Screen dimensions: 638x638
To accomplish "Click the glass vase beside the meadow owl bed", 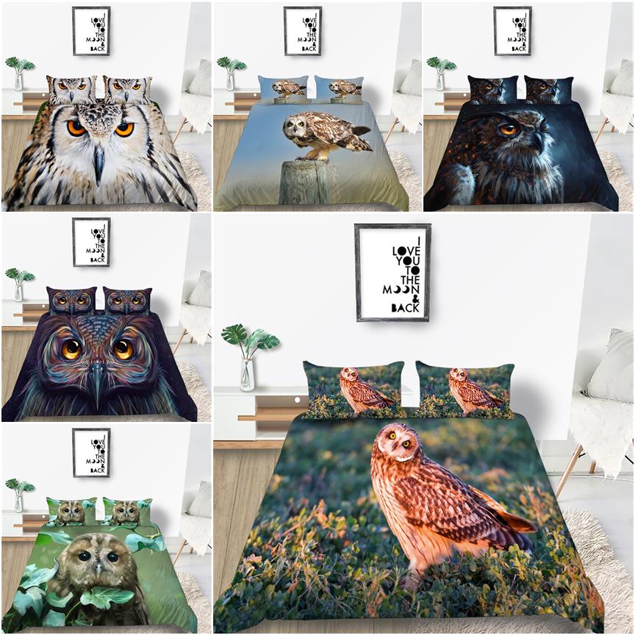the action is tap(247, 374).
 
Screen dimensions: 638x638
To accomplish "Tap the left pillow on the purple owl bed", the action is tap(72, 301).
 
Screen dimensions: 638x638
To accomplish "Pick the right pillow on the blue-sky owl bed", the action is tap(339, 89).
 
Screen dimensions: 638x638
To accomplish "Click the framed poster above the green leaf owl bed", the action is tap(92, 452).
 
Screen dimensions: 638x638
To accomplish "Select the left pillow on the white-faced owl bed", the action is tap(72, 89).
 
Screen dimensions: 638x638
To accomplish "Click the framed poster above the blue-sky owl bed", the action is tap(303, 31).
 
